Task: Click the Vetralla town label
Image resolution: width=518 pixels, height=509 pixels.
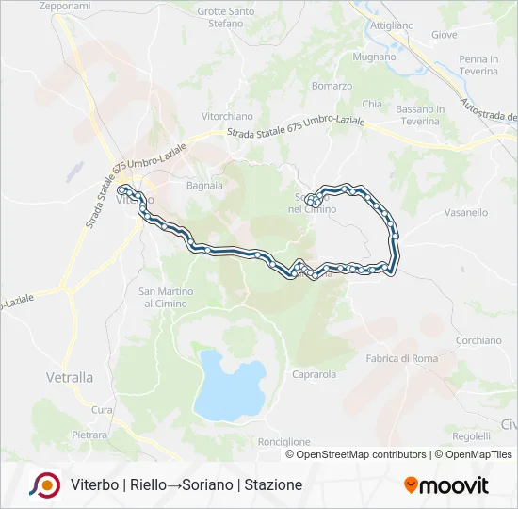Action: click(x=70, y=377)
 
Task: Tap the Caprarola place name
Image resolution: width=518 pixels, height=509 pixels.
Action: click(x=315, y=374)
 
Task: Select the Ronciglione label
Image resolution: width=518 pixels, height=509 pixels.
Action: click(x=283, y=441)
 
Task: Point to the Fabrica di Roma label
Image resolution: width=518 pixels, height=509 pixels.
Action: click(x=401, y=358)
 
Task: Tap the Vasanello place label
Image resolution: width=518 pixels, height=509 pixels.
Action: click(x=465, y=213)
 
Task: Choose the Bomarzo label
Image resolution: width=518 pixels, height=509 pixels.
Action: click(x=332, y=86)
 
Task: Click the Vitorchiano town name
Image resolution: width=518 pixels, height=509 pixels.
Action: click(x=228, y=116)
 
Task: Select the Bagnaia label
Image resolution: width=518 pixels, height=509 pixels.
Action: click(x=204, y=186)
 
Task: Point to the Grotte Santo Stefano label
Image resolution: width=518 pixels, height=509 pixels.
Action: click(x=226, y=17)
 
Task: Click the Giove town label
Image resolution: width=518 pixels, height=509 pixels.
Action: click(x=444, y=35)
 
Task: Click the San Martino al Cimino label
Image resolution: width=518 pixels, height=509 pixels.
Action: click(x=167, y=298)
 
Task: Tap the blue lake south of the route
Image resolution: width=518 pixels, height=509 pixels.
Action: click(x=231, y=386)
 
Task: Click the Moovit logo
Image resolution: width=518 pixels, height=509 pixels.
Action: click(x=446, y=484)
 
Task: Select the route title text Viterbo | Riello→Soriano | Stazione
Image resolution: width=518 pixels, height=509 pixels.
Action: click(x=186, y=484)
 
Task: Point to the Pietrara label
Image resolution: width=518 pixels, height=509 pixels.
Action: click(x=89, y=435)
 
